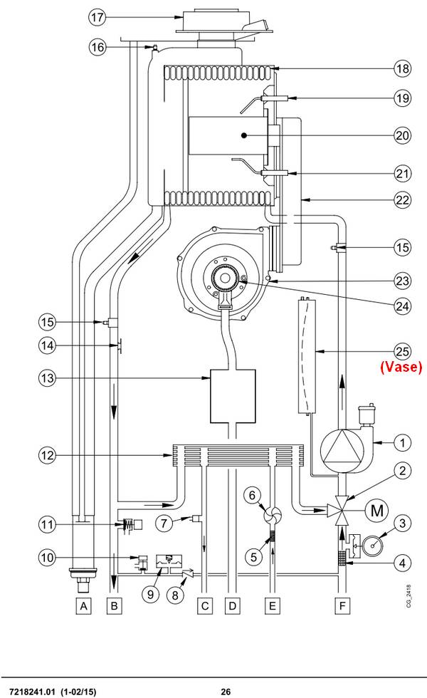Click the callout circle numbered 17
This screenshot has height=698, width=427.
point(97,17)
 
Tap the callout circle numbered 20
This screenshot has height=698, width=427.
point(403,135)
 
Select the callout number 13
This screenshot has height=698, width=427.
point(47,378)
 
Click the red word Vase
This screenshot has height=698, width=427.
point(401,368)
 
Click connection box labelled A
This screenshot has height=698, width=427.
point(84,606)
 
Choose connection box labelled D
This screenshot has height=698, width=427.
point(232,606)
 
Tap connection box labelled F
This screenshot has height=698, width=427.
point(342,606)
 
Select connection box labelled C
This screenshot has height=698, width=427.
point(205,606)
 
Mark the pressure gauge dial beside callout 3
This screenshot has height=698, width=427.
point(373,545)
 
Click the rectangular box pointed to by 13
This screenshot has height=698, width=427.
point(233,396)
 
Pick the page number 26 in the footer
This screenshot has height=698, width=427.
point(226,692)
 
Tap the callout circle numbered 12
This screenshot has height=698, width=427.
point(47,456)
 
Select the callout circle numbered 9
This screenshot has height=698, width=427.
point(150,594)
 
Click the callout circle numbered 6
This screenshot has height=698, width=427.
point(252,495)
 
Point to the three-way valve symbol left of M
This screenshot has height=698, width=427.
point(341,510)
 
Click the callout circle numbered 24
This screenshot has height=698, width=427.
point(403,306)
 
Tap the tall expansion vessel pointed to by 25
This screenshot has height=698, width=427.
point(306,355)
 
